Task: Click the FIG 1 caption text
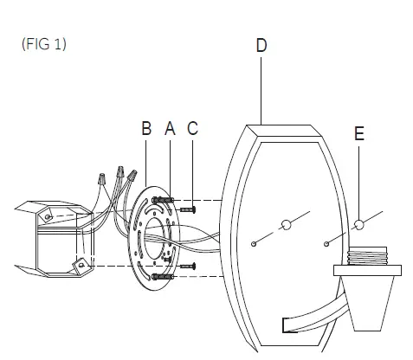click(x=44, y=44)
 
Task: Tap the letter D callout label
click(x=261, y=45)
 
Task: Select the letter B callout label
click(x=146, y=128)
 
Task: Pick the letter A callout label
click(x=170, y=128)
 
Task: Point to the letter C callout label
click(x=192, y=128)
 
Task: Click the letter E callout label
click(x=359, y=133)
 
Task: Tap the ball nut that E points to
click(x=358, y=224)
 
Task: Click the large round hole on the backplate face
click(x=286, y=225)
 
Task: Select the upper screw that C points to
click(x=188, y=209)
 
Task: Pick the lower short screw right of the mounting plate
click(x=188, y=266)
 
